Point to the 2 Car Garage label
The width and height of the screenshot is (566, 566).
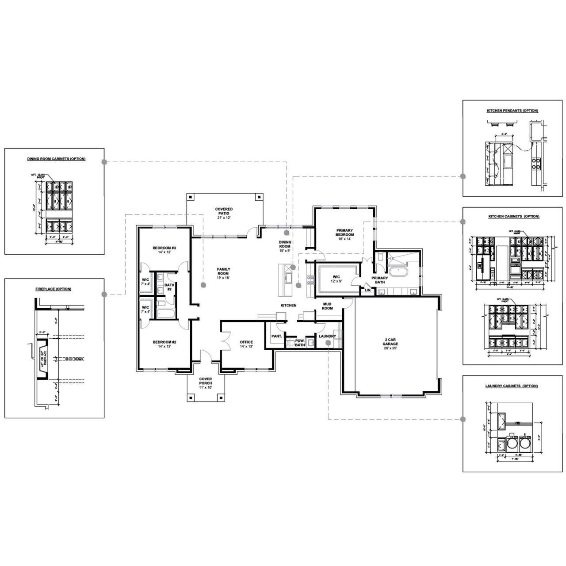(390, 343)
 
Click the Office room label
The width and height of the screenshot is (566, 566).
(246, 344)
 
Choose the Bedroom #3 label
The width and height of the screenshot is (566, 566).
(164, 250)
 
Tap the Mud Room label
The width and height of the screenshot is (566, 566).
(327, 306)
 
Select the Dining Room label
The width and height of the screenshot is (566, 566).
(285, 246)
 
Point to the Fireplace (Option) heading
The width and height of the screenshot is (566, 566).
(54, 289)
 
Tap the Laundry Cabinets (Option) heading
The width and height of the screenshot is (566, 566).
(512, 386)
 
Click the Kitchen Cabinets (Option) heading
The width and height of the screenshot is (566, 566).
(514, 217)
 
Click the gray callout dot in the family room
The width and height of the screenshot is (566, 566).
(203, 285)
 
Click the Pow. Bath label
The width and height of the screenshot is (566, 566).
(300, 343)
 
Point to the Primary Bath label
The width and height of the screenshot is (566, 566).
(380, 279)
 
